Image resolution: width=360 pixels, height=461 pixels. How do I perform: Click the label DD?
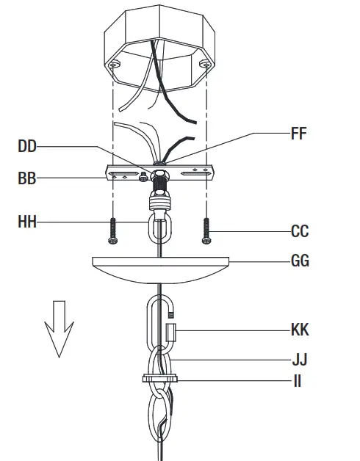click(x=27, y=146)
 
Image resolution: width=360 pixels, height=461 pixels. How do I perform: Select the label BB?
click(x=27, y=177)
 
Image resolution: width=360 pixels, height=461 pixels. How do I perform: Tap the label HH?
click(x=27, y=220)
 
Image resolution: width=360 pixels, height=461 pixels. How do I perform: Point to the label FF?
click(x=298, y=134)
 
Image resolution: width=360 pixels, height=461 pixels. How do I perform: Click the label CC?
click(x=300, y=231)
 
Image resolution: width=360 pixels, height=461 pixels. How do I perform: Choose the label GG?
click(x=300, y=261)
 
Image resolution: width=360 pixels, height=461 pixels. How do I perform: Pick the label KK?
click(x=300, y=330)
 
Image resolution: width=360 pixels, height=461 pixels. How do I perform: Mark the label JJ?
click(x=298, y=360)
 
